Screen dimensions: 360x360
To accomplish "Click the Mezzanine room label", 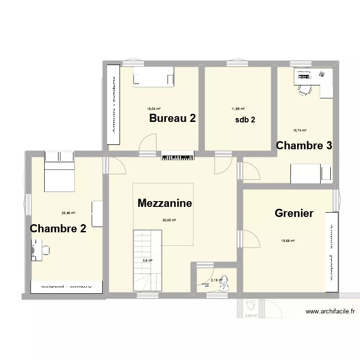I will tap(165, 203).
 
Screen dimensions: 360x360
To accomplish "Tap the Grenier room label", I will tap(294, 213).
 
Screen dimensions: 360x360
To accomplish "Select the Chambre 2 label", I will tap(58, 228).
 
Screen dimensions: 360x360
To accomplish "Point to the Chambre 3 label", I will tap(304, 145).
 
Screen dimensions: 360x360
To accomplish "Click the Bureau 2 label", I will tap(172, 119).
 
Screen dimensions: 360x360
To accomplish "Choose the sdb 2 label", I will tap(245, 120).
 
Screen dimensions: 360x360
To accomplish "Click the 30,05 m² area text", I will tap(169, 220).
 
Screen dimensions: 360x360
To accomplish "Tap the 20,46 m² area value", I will tap(68, 213).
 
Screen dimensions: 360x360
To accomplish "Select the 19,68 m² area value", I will tap(288, 241).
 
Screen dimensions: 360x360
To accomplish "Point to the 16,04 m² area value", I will tap(154, 109).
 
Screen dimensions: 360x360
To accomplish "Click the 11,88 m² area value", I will tap(238, 109).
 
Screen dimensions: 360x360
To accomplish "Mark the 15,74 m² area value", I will tap(300, 130).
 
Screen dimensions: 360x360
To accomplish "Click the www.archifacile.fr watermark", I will tap(330, 312).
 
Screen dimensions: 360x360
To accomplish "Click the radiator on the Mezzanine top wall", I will tap(178, 156).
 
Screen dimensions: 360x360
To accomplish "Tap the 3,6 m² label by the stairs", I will tap(147, 261).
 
